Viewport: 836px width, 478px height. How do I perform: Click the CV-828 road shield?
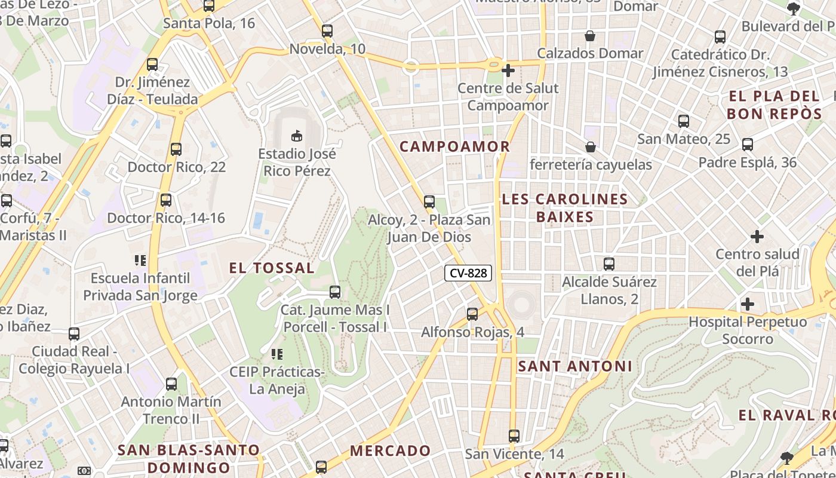click(x=468, y=274)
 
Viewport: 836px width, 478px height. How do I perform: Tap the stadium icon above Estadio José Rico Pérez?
click(x=297, y=136)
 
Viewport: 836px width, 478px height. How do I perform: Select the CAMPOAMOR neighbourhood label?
click(x=454, y=146)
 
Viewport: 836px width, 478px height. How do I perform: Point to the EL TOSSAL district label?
click(x=272, y=268)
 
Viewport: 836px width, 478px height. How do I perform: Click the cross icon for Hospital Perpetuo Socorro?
click(x=747, y=304)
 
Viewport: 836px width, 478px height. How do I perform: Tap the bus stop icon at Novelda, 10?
click(x=327, y=31)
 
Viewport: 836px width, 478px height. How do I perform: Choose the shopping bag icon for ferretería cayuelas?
click(x=591, y=146)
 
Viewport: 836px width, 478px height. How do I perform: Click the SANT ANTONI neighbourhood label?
click(x=574, y=366)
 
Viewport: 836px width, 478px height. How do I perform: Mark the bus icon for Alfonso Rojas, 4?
click(x=472, y=314)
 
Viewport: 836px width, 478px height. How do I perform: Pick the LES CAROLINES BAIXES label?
click(x=565, y=208)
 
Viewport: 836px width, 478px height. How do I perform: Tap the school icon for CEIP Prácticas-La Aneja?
click(x=276, y=354)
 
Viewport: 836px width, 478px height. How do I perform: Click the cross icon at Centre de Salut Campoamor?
click(x=508, y=71)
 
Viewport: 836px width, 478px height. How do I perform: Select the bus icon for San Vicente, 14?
click(x=514, y=436)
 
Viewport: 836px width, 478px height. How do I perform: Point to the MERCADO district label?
click(x=391, y=451)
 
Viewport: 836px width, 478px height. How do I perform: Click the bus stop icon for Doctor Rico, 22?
click(x=176, y=149)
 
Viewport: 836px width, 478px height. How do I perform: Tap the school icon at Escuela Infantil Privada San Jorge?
click(x=140, y=261)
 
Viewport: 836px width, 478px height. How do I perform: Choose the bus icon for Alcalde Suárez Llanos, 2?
click(x=609, y=263)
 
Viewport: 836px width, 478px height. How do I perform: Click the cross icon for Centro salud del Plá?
click(x=757, y=236)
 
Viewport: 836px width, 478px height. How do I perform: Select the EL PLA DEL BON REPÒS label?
click(x=774, y=105)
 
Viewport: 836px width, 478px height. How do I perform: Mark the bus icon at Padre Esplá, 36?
click(x=747, y=145)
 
